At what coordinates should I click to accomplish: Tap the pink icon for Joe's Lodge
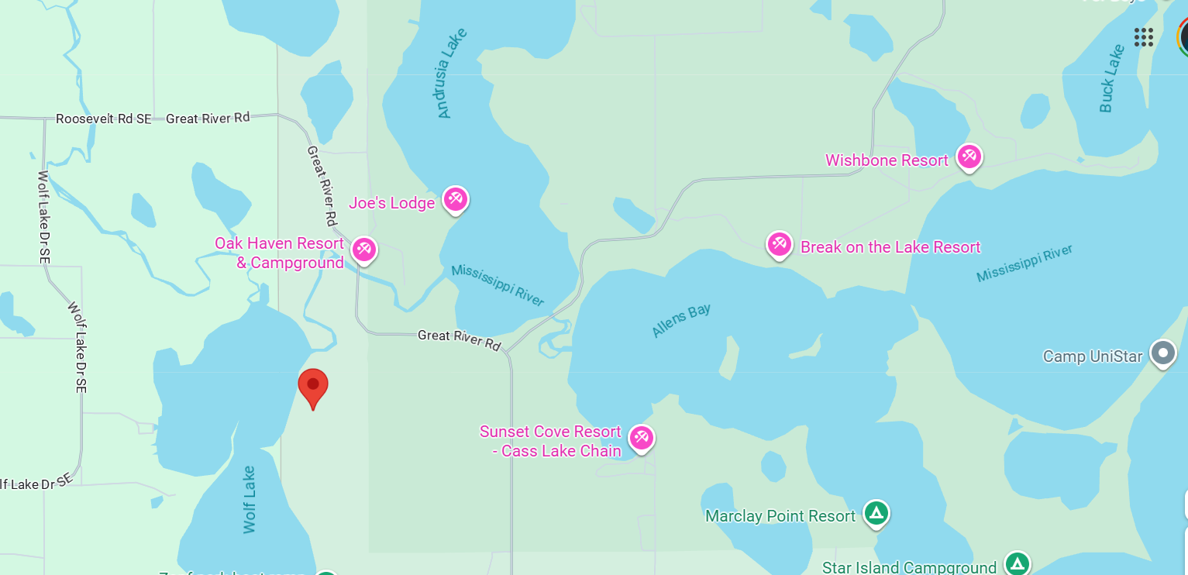456,199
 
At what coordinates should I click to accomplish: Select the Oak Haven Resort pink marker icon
363,250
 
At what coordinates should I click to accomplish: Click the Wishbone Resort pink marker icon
969,157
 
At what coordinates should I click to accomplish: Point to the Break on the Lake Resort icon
779,244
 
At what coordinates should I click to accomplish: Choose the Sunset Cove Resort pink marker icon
641,438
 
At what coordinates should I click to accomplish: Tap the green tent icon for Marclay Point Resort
876,512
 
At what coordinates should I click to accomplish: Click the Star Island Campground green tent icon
1017,563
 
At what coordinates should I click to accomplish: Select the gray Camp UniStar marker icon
1162,353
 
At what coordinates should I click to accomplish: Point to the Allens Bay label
680,319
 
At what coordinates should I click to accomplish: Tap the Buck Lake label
1111,78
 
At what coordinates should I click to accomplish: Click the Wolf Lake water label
250,499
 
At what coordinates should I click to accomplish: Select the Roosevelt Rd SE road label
104,119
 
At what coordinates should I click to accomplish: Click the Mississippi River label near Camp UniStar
1024,263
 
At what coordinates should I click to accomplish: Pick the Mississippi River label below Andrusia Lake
498,285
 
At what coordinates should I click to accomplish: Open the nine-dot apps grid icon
1143,37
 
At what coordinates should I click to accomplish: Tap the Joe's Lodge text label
391,203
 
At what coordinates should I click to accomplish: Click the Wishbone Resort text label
887,160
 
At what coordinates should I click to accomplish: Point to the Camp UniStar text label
1093,356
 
